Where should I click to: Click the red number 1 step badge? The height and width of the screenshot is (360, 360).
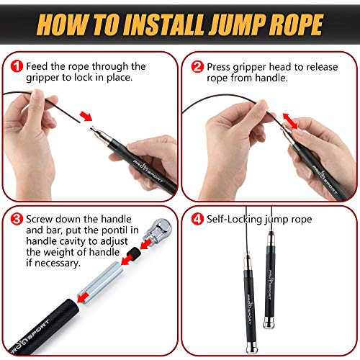coord(17,66)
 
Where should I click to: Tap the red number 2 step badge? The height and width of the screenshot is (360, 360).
coord(197,66)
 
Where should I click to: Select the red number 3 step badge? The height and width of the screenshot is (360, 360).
coord(17,219)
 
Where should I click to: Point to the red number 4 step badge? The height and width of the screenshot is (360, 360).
coord(197,219)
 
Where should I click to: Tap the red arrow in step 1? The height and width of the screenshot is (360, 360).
coord(86,116)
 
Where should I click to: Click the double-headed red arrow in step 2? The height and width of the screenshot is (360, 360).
coord(290,121)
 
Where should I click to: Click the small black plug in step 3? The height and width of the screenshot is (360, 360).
coord(134,254)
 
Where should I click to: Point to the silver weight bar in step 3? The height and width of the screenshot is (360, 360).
coord(100,283)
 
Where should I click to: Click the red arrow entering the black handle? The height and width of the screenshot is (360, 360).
coord(81,298)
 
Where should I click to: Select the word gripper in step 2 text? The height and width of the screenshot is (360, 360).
coord(248,67)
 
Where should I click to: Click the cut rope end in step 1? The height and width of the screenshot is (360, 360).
coord(79,122)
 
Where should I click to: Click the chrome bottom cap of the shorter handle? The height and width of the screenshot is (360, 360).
coord(269,323)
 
